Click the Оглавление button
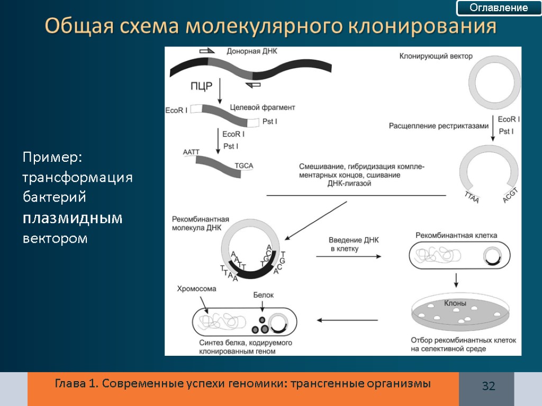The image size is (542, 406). [x=499, y=8]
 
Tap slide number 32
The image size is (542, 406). [x=488, y=386]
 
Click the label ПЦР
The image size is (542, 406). [x=201, y=87]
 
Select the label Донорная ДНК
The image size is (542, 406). [x=252, y=51]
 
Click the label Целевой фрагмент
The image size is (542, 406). [x=263, y=107]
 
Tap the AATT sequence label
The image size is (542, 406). [x=191, y=152]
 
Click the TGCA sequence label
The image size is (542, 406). [x=243, y=165]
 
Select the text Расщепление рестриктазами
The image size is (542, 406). [x=437, y=126]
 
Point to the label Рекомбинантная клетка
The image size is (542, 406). [x=456, y=235]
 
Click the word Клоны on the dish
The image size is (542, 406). [x=455, y=303]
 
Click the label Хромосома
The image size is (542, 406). [x=197, y=289]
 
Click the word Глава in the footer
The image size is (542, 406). [x=70, y=383]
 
